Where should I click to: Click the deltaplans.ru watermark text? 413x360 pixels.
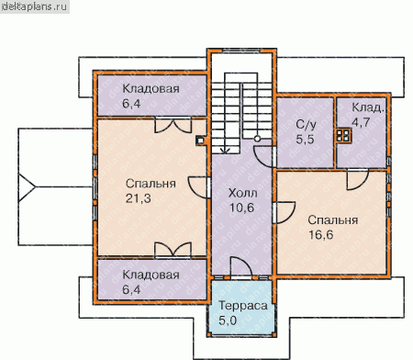coord(35,6)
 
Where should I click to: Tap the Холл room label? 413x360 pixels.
coord(242,193)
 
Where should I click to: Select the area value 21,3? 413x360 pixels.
coord(139,198)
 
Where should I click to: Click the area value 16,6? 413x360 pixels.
coord(320,235)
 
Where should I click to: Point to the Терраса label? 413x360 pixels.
coord(243,306)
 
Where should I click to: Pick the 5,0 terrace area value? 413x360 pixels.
coord(228,321)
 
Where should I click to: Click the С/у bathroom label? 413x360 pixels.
coord(306,125)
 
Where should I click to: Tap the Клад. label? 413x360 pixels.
coord(367,107)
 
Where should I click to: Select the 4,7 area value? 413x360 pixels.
coord(361,122)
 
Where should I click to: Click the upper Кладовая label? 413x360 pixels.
coord(151,89)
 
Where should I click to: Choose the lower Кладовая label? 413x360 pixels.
coord(151,275)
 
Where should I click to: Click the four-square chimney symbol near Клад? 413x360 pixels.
coord(343,135)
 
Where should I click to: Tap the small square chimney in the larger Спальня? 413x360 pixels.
coord(200,141)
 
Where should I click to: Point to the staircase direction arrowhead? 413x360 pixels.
coord(226,151)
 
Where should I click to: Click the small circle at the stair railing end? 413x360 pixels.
coord(257,139)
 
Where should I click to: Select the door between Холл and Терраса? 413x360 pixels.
coord(241,267)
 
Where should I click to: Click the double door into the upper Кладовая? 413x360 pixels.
coord(173,125)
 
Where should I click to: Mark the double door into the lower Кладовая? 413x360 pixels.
coord(173,249)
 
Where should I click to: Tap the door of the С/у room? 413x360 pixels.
coord(263,157)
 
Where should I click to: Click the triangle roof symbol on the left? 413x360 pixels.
coord(27,187)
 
